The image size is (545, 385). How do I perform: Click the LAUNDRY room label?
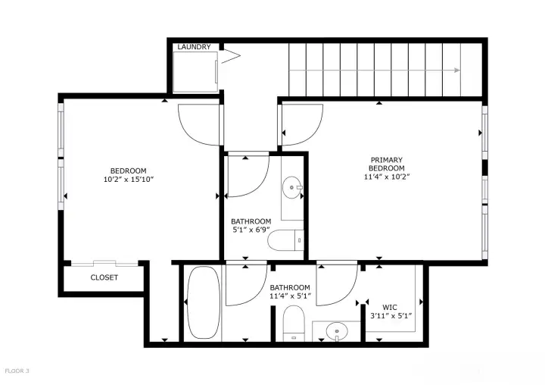click(194, 47)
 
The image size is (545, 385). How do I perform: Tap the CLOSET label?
click(104, 277)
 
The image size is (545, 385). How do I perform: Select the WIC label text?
click(390, 308)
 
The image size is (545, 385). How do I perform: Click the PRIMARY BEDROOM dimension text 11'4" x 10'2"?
click(387, 177)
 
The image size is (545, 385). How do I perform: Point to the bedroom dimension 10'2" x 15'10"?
click(128, 180)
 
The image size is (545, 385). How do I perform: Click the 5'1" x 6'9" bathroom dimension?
click(251, 230)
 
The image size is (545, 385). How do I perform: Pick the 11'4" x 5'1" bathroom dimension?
click(290, 296)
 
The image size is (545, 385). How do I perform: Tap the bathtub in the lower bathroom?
click(204, 302)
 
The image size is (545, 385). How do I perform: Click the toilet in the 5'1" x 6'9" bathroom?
click(285, 239)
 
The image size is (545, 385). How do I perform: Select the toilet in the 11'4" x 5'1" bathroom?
click(294, 324)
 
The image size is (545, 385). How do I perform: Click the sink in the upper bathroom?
click(293, 188)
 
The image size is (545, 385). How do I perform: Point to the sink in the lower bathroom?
click(336, 330)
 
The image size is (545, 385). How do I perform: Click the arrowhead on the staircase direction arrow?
click(457, 70)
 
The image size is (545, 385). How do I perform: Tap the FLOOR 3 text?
click(17, 371)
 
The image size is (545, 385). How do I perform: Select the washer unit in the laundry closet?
click(195, 72)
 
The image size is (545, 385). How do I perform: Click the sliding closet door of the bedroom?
click(104, 263)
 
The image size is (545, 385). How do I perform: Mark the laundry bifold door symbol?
click(231, 56)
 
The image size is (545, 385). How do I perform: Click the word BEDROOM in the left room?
click(128, 171)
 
